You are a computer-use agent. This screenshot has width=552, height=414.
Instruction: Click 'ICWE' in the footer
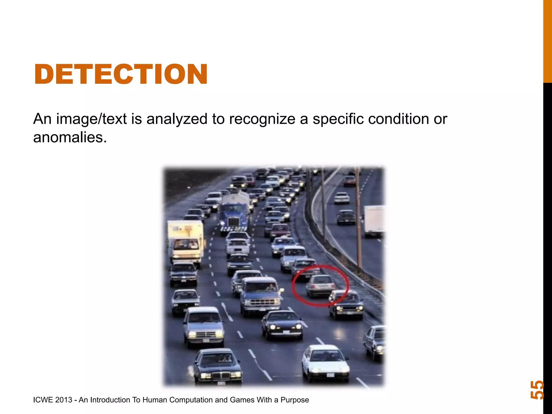pyautogui.click(x=43, y=400)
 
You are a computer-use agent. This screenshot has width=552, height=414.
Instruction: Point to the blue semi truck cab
pyautogui.click(x=234, y=218)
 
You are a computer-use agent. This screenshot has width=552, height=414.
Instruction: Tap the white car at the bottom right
pyautogui.click(x=325, y=363)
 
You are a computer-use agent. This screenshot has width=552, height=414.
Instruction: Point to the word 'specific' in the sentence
pyautogui.click(x=338, y=119)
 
